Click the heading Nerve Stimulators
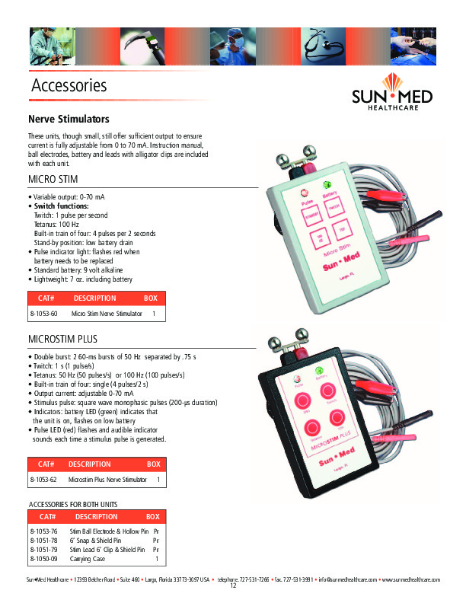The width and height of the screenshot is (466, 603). click(x=69, y=120)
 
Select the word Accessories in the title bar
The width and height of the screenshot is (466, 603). click(x=69, y=85)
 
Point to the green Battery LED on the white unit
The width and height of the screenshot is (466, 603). click(x=328, y=185)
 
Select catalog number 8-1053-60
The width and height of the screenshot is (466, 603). click(x=43, y=314)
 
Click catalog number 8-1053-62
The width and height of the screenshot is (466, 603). click(x=43, y=480)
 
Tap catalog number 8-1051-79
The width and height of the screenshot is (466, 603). click(x=43, y=549)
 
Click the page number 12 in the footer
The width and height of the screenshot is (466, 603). click(x=233, y=586)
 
